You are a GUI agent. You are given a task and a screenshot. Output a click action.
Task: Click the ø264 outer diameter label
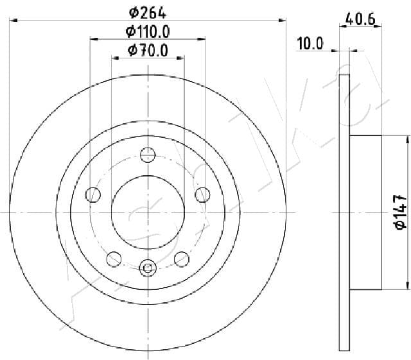click(x=148, y=13)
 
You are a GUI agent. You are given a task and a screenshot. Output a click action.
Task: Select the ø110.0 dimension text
click(x=148, y=31)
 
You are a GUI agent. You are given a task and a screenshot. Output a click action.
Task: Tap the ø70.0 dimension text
click(x=148, y=51)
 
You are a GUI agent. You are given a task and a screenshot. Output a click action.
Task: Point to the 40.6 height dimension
click(x=360, y=19)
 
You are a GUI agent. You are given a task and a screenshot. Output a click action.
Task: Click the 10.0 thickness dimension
click(x=310, y=44)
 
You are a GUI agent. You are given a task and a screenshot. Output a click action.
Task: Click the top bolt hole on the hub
click(x=148, y=155)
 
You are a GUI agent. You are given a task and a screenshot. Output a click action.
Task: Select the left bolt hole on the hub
click(x=93, y=194)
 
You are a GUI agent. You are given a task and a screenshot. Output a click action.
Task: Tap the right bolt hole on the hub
click(x=203, y=194)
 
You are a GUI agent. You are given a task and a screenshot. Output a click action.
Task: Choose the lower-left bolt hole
click(x=114, y=259)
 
